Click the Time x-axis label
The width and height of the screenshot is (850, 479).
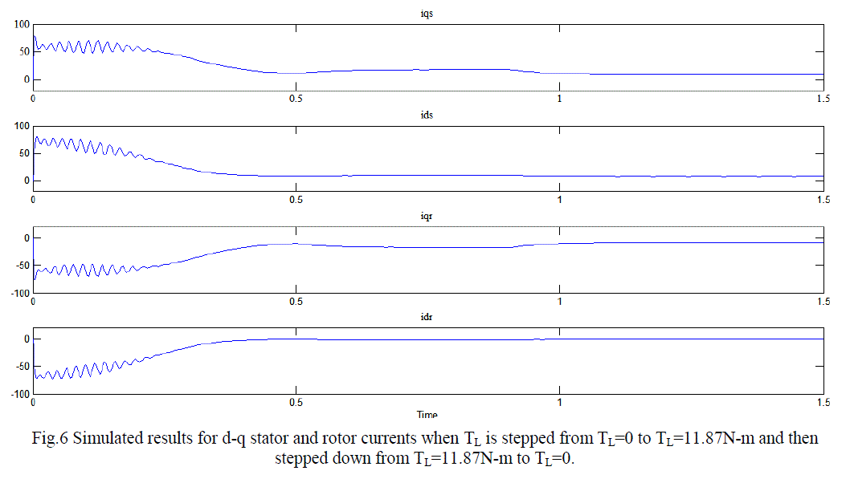point(427,414)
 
